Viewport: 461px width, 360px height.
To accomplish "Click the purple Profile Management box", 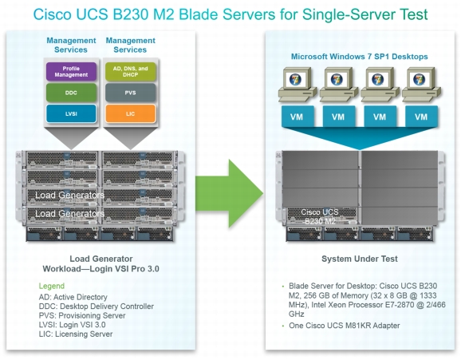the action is pyautogui.click(x=71, y=72).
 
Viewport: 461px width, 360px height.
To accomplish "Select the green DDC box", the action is pyautogui.click(x=71, y=93).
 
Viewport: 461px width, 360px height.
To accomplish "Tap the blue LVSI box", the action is pyautogui.click(x=71, y=113).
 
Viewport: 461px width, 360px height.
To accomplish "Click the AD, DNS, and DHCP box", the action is pyautogui.click(x=131, y=72).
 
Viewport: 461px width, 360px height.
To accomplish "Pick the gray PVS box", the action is pyautogui.click(x=131, y=93).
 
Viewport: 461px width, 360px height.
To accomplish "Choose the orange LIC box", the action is pyautogui.click(x=131, y=113).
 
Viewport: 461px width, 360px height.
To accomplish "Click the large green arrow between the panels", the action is pyautogui.click(x=230, y=193).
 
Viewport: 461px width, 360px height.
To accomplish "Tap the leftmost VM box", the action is pyautogui.click(x=297, y=117).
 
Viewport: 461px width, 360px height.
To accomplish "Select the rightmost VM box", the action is pyautogui.click(x=421, y=117).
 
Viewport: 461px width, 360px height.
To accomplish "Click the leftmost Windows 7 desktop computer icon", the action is pyautogui.click(x=297, y=84).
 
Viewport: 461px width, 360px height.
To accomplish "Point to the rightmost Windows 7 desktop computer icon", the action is pyautogui.click(x=421, y=84).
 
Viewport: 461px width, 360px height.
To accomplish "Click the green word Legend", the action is pyautogui.click(x=52, y=286).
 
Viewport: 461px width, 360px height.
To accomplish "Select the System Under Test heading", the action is pyautogui.click(x=360, y=259).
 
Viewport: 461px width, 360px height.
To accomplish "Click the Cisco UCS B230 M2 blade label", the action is pyautogui.click(x=320, y=216).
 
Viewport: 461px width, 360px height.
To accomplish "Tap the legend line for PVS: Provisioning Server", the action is pyautogui.click(x=82, y=315).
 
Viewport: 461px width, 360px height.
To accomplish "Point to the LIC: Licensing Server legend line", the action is pyautogui.click(x=76, y=334).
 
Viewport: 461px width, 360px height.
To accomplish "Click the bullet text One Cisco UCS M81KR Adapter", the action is pyautogui.click(x=345, y=326).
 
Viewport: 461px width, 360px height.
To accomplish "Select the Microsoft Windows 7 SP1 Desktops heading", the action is pyautogui.click(x=359, y=57).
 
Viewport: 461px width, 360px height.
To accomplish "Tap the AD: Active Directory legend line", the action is pyautogui.click(x=73, y=297).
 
